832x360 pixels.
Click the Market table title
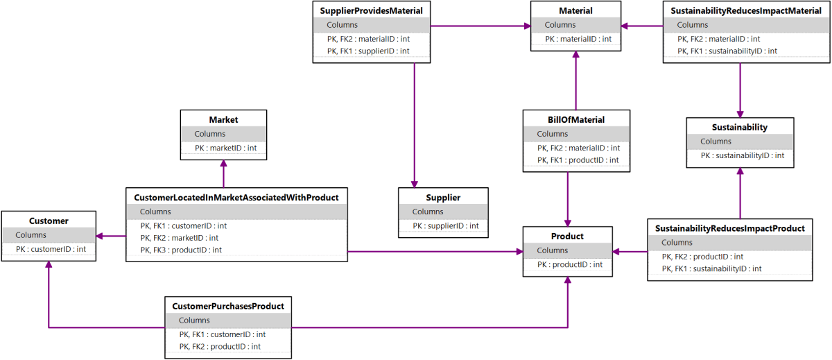coord(223,119)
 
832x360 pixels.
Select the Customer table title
coord(49,221)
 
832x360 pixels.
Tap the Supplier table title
coord(443,198)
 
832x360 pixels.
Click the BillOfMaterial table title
coord(576,119)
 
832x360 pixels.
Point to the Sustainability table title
coord(740,128)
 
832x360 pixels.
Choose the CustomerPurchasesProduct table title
coord(228,306)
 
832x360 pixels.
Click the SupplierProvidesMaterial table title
coord(372,10)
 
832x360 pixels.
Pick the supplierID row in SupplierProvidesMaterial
coord(368,51)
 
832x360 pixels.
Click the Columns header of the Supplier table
coord(428,212)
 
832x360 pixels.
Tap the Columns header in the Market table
coord(210,134)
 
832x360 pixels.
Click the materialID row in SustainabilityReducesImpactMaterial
coord(718,39)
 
